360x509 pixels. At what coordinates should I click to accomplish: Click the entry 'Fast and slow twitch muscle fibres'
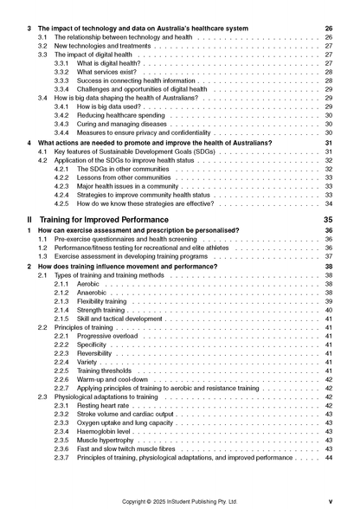pyautogui.click(x=131, y=448)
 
